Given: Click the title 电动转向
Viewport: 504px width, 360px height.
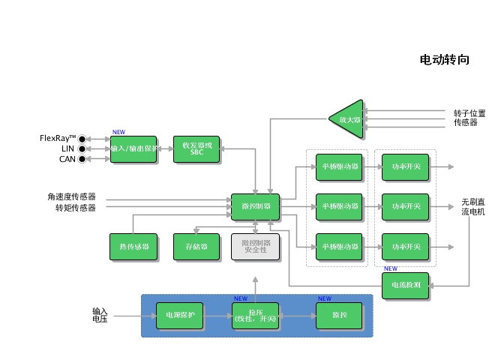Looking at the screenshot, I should pyautogui.click(x=444, y=60).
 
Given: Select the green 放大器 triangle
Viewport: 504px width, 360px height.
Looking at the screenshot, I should pyautogui.click(x=348, y=118).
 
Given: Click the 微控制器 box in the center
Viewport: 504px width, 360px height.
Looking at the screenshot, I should pyautogui.click(x=255, y=206).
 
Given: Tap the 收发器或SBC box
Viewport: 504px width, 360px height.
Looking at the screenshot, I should pyautogui.click(x=196, y=148).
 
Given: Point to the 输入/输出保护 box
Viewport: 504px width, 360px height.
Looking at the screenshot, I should pyautogui.click(x=133, y=148).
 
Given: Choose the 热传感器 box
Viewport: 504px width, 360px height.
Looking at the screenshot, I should pyautogui.click(x=133, y=247).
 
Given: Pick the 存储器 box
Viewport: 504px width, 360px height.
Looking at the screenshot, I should pyautogui.click(x=196, y=247).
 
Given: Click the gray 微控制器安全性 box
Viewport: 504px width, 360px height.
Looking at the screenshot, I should pyautogui.click(x=255, y=247).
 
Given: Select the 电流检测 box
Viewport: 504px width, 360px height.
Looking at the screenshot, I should pyautogui.click(x=406, y=285).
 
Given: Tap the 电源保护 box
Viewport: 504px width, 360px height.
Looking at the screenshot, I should pyautogui.click(x=180, y=316).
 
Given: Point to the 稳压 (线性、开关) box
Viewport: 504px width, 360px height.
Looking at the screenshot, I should pyautogui.click(x=255, y=316).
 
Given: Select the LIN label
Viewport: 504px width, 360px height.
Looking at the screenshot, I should pyautogui.click(x=67, y=148).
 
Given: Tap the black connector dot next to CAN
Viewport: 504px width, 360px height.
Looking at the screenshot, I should pyautogui.click(x=82, y=159).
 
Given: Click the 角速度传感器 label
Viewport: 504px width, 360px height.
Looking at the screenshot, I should pyautogui.click(x=71, y=197).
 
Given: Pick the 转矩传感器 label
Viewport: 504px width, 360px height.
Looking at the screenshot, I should pyautogui.click(x=75, y=208).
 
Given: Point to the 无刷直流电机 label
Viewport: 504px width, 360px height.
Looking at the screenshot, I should pyautogui.click(x=473, y=207).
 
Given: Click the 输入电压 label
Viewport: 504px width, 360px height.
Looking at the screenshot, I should pyautogui.click(x=100, y=315).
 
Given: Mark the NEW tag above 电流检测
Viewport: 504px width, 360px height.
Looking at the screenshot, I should pyautogui.click(x=391, y=268).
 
